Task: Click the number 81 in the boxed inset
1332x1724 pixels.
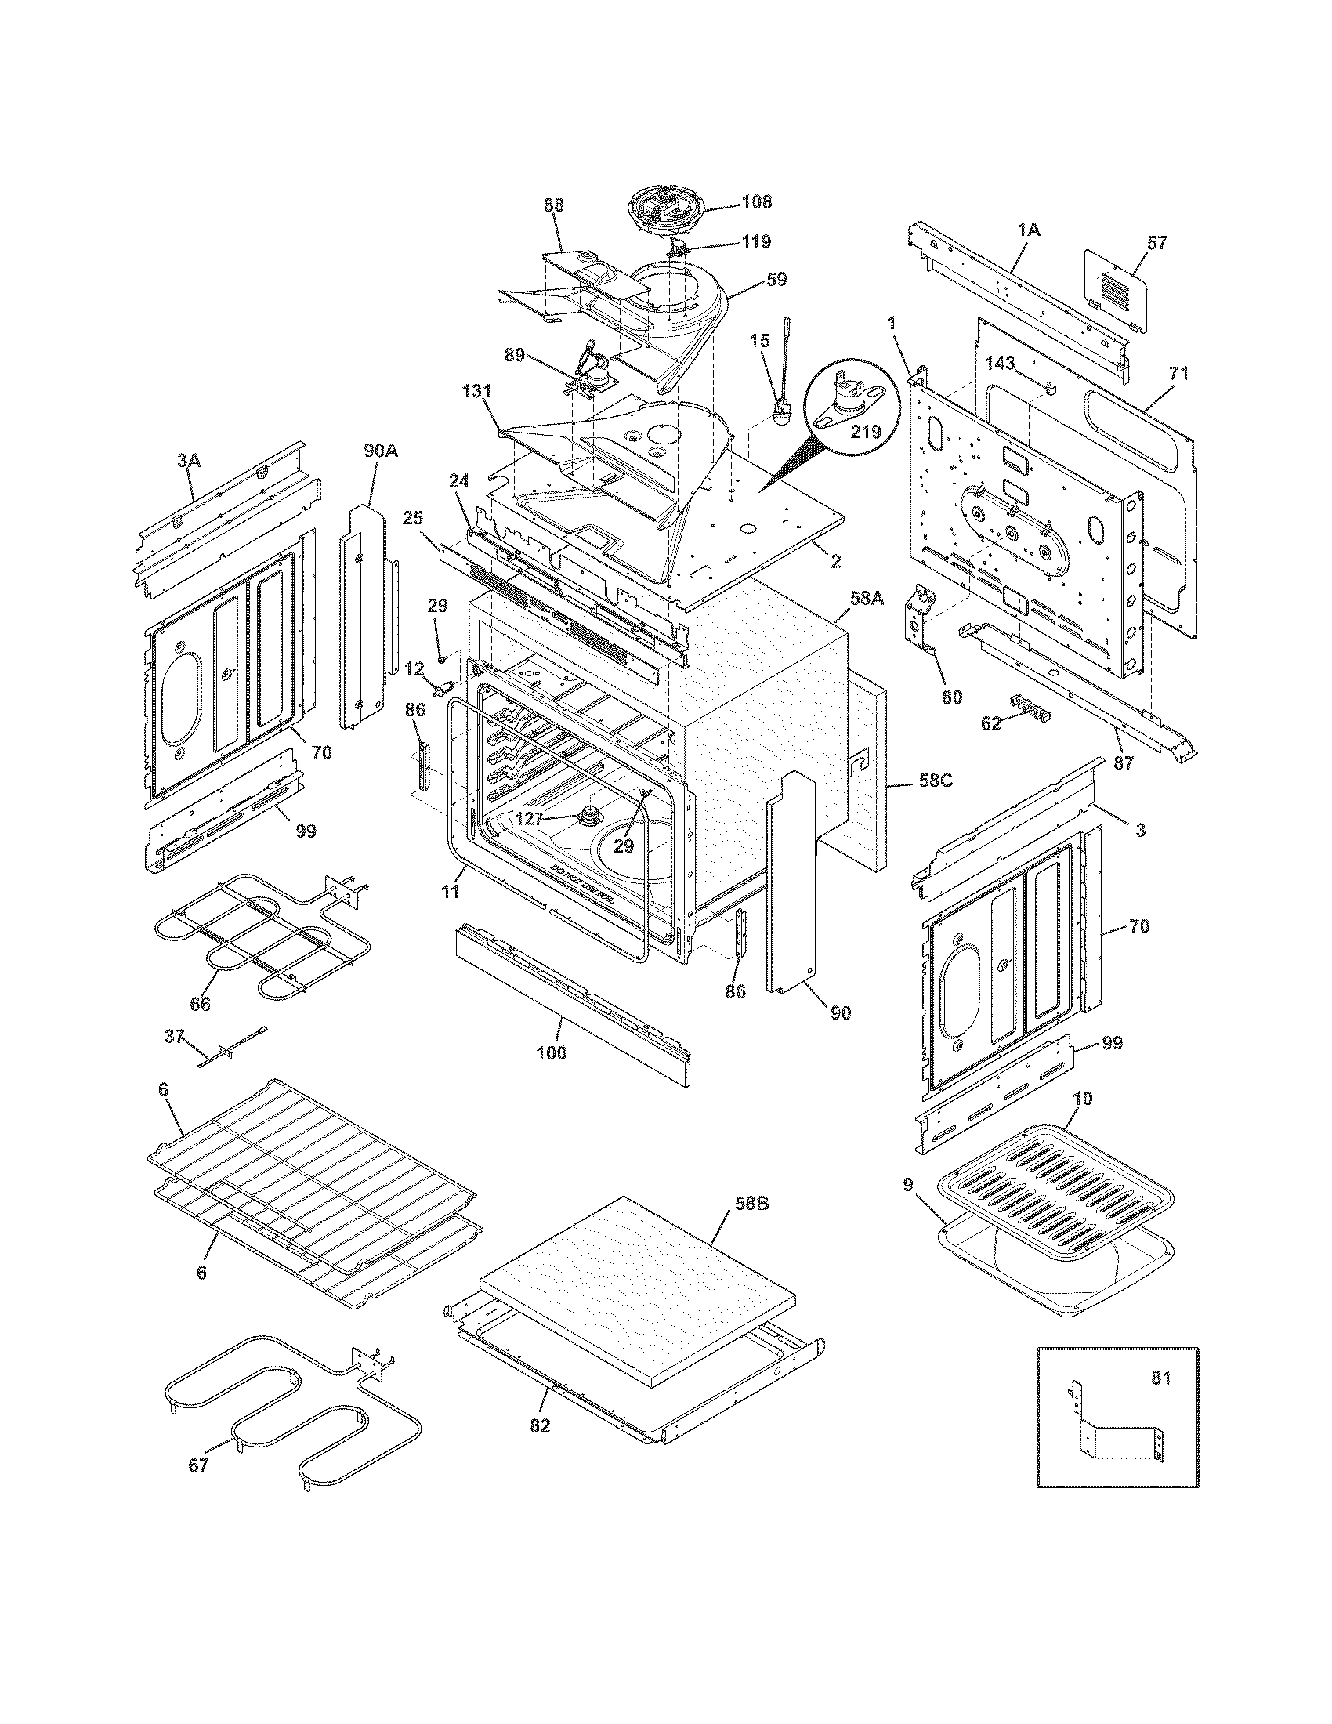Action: tap(1160, 1378)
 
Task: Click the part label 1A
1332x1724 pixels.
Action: tap(1028, 230)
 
